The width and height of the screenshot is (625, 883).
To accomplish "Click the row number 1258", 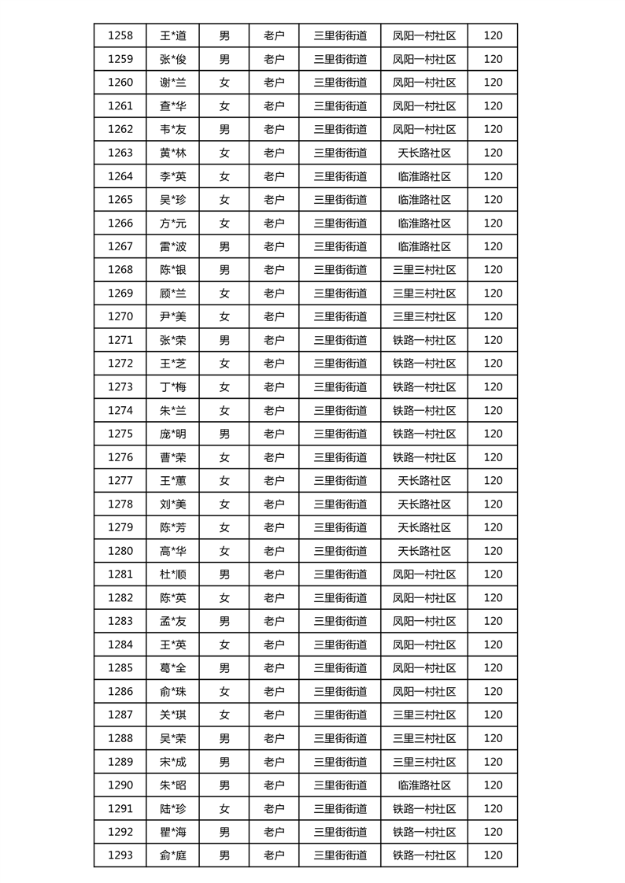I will pos(120,35).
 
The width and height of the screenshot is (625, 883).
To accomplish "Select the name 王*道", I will pos(172,35).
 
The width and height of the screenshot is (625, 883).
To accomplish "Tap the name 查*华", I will pos(172,105).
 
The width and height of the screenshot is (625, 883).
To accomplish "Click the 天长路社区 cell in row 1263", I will pos(424,153).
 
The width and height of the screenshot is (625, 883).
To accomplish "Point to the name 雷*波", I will pos(172,246).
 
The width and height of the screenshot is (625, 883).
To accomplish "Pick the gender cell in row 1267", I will pos(224,246).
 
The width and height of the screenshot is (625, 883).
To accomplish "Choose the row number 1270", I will pos(120,316).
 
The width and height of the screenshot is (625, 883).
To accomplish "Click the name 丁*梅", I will pos(172,386).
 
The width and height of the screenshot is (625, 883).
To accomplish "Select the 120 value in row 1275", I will pos(493,434).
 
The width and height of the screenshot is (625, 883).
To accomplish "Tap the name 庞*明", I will pos(172,434).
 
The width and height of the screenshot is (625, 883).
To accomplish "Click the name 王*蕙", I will pos(172,480).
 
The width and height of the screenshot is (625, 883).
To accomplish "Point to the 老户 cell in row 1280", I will pos(274,551).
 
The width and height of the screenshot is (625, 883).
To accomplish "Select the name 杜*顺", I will pos(172,575).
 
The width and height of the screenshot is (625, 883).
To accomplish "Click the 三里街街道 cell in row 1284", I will pos(340,645).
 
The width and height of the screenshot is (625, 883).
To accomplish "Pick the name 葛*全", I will pos(172,668).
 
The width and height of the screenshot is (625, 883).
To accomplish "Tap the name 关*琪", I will pos(172,715).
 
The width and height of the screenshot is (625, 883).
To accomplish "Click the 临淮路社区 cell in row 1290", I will pos(424,785).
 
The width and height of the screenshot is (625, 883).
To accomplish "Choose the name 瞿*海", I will pos(172,832).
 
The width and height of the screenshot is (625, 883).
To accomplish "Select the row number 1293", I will pos(120,855).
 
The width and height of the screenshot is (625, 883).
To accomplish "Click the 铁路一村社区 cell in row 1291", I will pos(424,808).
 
